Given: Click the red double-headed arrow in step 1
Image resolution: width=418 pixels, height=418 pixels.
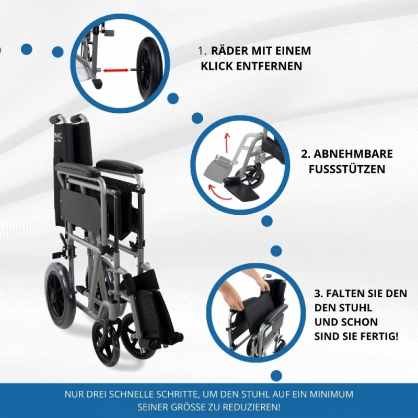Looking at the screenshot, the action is (115, 71).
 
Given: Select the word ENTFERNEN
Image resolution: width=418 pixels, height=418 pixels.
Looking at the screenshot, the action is (269, 66).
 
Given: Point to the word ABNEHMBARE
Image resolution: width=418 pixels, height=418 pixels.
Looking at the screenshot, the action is (353, 154).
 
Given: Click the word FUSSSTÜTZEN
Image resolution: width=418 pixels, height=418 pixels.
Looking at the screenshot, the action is (347, 169).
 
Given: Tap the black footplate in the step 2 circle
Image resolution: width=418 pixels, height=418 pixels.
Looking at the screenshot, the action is (242, 192).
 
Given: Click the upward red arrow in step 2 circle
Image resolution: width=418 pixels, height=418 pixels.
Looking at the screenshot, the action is (227, 143).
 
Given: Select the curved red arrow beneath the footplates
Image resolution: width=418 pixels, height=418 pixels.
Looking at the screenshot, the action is (218, 193).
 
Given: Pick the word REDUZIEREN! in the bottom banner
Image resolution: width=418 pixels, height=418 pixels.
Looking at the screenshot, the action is (251, 408).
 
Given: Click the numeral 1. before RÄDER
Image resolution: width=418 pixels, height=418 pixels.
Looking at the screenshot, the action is (202, 51).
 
